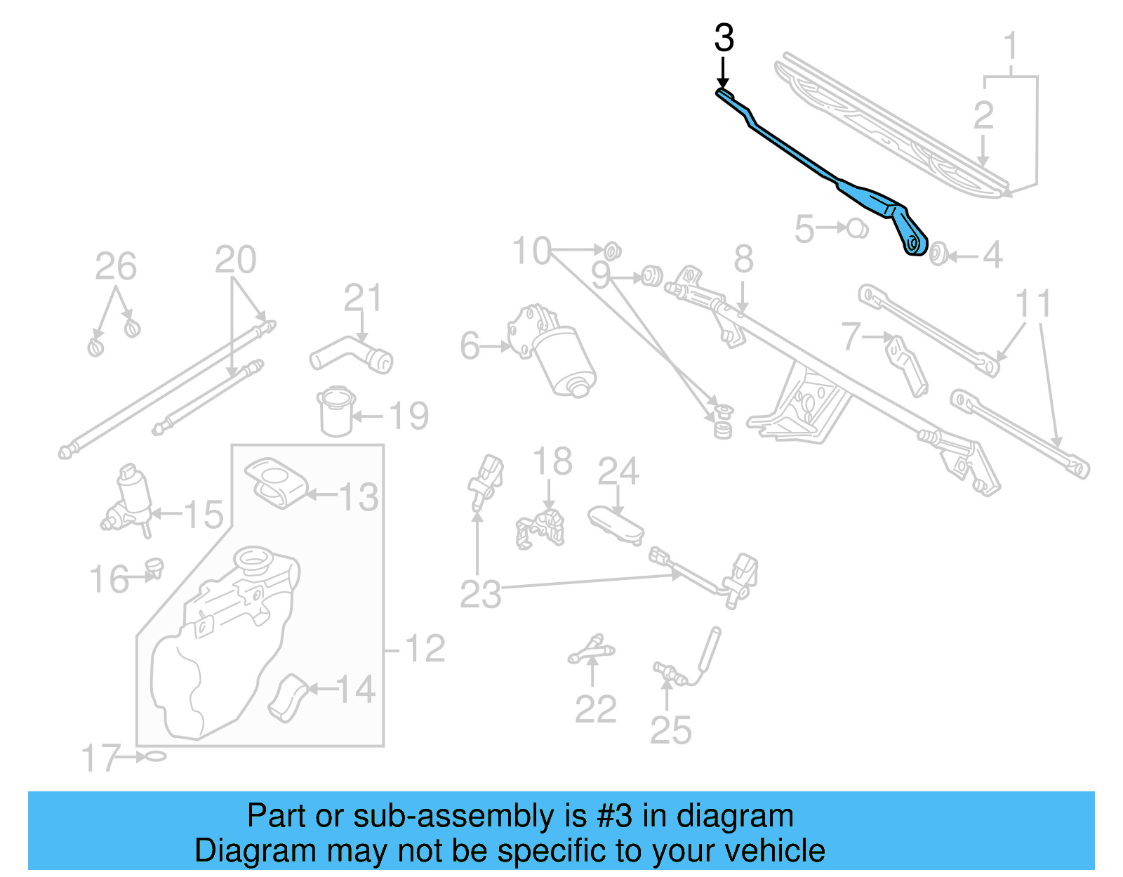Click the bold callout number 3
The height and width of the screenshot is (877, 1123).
tap(724, 38)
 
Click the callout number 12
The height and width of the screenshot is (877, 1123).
tap(425, 648)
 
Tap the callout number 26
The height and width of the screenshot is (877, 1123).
tap(116, 267)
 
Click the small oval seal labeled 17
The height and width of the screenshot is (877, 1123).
tap(154, 756)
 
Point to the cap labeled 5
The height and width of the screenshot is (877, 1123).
tap(856, 228)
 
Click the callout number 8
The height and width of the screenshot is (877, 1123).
tap(743, 260)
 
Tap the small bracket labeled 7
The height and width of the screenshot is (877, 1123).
tap(907, 365)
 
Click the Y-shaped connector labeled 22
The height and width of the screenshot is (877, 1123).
tap(592, 649)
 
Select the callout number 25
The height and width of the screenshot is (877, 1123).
tap(670, 730)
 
